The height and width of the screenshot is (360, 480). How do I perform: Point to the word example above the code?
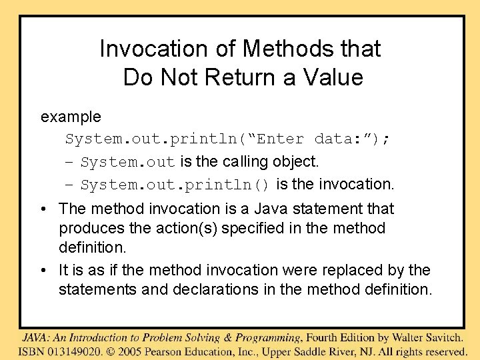tap(71, 117)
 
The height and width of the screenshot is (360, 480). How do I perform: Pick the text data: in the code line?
tap(339, 139)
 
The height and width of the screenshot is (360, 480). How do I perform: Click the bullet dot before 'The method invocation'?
tap(43, 209)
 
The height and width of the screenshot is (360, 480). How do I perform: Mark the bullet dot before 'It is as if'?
tap(43, 271)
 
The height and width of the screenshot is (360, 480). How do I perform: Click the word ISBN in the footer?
tap(32, 351)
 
